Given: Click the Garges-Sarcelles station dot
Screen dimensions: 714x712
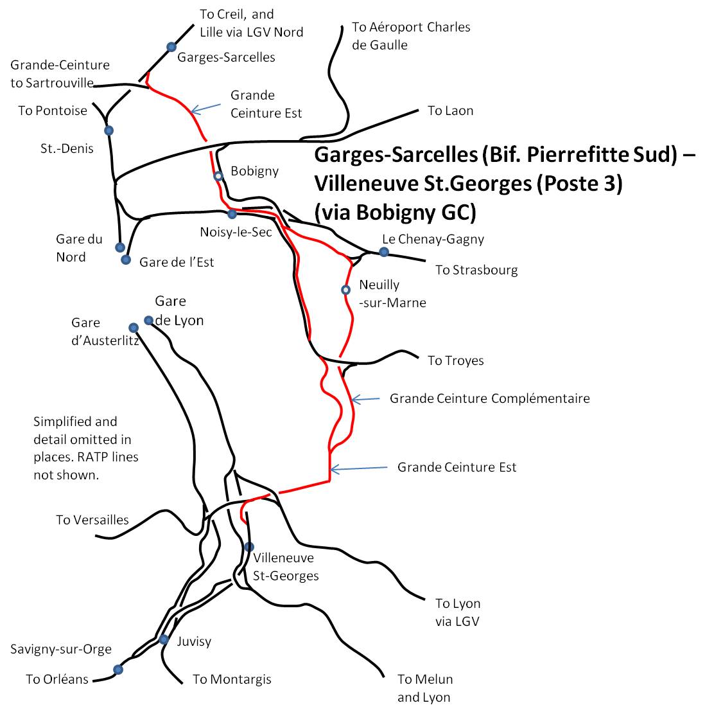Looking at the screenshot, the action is click(x=171, y=47).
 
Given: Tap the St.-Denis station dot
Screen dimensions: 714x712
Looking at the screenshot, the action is click(x=109, y=130).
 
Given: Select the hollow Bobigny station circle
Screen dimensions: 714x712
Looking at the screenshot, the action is click(x=218, y=176).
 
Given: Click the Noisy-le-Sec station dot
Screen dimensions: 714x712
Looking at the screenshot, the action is click(x=232, y=214).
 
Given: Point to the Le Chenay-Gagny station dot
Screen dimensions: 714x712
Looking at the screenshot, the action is click(x=384, y=252).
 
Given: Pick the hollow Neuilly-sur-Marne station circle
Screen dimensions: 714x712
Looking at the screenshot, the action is click(x=345, y=289).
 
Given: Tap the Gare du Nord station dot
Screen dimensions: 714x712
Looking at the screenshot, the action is click(x=120, y=247).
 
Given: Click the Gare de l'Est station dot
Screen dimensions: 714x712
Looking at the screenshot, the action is click(x=126, y=260).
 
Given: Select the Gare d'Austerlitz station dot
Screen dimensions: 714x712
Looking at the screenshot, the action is click(x=134, y=328).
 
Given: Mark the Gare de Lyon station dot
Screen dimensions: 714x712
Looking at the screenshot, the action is click(x=148, y=321).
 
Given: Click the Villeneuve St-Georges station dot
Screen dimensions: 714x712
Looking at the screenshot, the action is click(x=249, y=547).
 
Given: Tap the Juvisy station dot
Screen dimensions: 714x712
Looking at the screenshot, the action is click(x=164, y=639).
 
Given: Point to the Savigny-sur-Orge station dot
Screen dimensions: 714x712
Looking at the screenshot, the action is click(x=118, y=670).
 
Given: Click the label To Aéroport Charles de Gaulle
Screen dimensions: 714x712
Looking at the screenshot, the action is click(x=411, y=36).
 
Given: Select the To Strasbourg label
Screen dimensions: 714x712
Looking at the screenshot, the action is click(x=476, y=270).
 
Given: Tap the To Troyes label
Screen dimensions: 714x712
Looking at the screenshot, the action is click(x=455, y=360).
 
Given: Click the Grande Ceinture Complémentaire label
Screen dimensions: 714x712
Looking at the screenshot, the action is click(x=489, y=398).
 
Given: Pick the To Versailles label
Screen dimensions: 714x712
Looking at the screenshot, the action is click(x=92, y=520).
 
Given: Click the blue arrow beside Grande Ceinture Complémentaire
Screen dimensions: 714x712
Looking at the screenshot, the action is click(x=365, y=400).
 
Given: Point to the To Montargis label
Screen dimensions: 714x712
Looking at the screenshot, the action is click(x=232, y=679).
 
